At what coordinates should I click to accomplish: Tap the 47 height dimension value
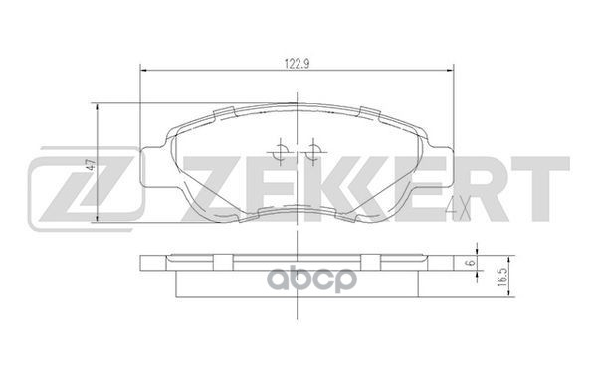point(90,166)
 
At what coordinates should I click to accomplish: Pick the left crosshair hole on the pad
point(282,151)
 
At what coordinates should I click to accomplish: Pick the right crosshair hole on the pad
point(313,151)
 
